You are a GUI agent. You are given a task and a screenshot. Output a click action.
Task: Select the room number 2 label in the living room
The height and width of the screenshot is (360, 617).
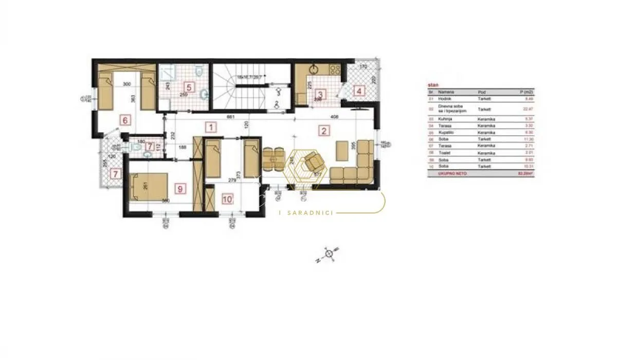click(x=324, y=130)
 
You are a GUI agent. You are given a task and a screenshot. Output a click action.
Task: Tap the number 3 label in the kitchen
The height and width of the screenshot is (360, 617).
click(x=320, y=95)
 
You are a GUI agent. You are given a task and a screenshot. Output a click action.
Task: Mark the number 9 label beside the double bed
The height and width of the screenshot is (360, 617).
click(x=179, y=189)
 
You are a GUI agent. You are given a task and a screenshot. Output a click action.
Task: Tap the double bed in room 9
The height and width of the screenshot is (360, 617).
click(x=150, y=186)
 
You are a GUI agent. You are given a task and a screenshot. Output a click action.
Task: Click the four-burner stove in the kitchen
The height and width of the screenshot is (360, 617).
click(x=335, y=69)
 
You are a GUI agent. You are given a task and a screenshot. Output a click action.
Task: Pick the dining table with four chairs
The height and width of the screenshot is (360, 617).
click(x=274, y=160)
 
